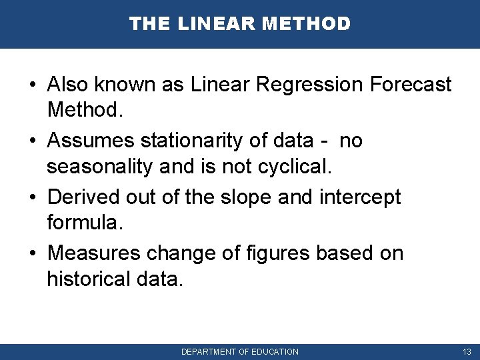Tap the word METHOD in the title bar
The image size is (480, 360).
(306, 24)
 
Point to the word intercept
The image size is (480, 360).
(361, 197)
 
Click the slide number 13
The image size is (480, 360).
(466, 351)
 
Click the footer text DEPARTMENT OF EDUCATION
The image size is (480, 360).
(240, 351)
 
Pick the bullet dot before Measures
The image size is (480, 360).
(32, 254)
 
